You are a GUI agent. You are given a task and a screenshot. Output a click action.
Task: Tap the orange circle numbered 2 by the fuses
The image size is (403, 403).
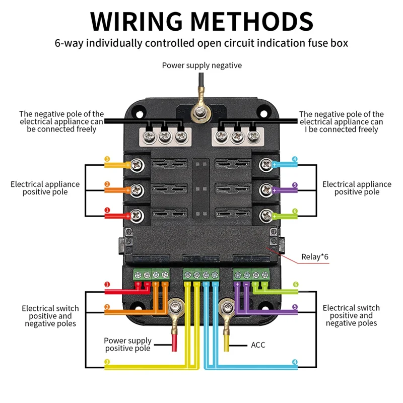click(107, 184)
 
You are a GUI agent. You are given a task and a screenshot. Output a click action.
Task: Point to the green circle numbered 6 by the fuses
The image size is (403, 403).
click(295, 211)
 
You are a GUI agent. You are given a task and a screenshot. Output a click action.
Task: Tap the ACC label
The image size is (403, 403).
click(258, 345)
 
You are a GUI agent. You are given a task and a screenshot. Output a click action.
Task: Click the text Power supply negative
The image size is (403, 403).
click(201, 65)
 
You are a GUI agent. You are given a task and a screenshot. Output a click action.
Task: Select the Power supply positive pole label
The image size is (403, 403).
click(127, 345)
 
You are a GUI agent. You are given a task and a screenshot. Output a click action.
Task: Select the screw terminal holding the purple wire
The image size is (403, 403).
click(265, 190)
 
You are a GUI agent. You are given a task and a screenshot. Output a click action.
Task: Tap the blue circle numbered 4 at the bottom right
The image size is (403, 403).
click(295, 362)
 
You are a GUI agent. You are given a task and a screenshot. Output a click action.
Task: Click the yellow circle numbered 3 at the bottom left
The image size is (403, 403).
click(107, 362)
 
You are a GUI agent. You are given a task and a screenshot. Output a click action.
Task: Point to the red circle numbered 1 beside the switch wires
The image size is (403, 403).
click(107, 285)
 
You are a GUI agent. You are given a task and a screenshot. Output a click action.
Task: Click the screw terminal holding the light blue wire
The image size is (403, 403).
click(265, 164)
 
